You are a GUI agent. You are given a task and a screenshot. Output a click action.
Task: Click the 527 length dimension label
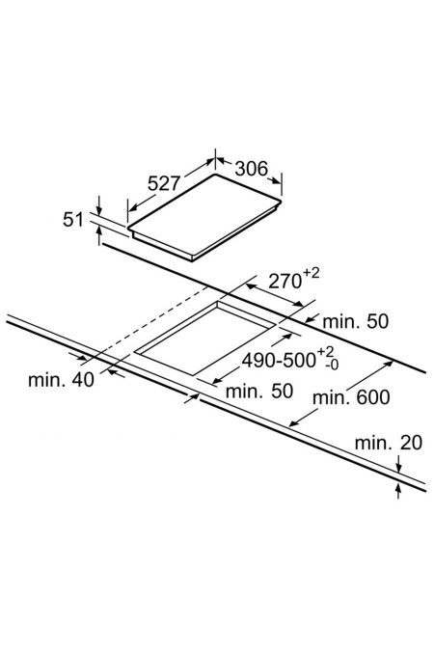point(164,182)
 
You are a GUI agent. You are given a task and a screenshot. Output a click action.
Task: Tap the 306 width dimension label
point(252,168)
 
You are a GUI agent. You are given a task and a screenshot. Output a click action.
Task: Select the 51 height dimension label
point(73,219)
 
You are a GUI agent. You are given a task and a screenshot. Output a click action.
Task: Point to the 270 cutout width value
point(285,281)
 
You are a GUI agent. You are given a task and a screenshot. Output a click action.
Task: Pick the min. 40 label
point(61,379)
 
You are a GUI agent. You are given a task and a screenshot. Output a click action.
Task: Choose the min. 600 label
point(351,397)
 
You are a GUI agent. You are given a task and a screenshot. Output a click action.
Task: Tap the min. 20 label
point(389,443)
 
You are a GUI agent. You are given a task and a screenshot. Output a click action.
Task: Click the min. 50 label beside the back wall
point(356,321)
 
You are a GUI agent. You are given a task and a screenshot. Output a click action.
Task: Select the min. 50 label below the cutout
point(259,391)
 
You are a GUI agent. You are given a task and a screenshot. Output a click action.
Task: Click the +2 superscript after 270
point(312,273)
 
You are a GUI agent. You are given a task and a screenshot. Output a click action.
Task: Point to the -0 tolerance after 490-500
point(332,365)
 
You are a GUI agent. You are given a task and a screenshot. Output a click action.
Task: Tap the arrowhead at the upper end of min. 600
point(388,364)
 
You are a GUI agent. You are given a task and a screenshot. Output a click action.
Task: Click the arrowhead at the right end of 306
point(277,181)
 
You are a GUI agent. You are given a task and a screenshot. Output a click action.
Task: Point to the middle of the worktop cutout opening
point(205,339)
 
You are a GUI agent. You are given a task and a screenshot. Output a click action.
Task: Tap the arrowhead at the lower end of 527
point(133,207)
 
